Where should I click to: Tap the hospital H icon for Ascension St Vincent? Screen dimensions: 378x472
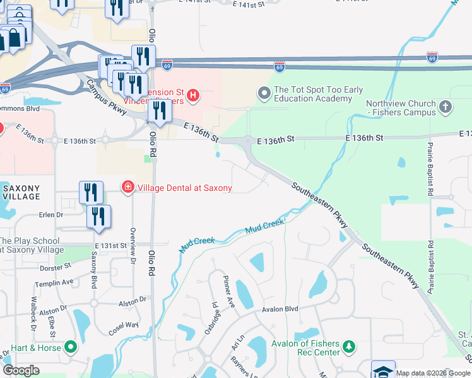(x=194, y=96)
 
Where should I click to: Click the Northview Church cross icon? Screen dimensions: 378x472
(x=445, y=107)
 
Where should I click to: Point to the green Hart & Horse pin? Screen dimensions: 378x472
(x=71, y=347)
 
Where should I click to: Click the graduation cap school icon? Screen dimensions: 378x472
(x=383, y=370)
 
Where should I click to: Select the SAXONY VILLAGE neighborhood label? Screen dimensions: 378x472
(x=21, y=192)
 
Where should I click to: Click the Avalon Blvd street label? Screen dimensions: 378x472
(x=280, y=309)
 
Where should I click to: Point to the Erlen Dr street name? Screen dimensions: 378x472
(x=51, y=215)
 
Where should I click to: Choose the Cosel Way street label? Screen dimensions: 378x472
(x=123, y=324)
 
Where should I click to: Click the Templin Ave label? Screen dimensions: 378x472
(x=54, y=283)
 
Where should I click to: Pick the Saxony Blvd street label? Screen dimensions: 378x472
(x=94, y=270)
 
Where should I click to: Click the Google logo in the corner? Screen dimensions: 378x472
(x=21, y=370)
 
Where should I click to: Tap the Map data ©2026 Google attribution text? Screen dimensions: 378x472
(x=433, y=373)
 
